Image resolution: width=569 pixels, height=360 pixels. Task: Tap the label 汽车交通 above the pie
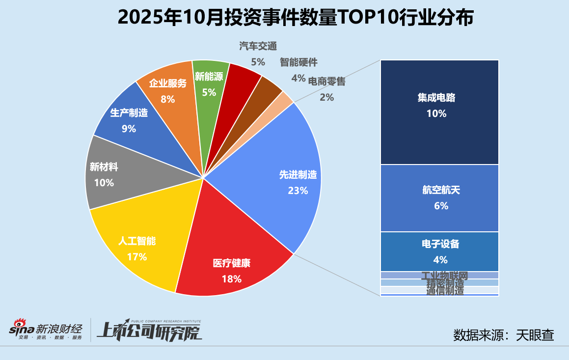[x=258, y=47]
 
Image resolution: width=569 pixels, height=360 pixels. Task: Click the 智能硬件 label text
[x=298, y=62]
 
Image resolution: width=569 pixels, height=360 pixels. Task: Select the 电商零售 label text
[x=326, y=81]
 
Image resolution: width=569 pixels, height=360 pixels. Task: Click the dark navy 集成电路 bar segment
[x=439, y=112]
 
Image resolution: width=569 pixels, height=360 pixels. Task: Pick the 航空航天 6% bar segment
[x=439, y=198]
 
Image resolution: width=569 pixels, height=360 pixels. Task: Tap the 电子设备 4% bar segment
[x=439, y=251]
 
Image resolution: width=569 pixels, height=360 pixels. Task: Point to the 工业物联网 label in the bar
[x=444, y=276]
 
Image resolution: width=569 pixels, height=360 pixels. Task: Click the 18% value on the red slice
[x=231, y=279]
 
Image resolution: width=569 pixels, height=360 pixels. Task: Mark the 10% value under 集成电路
[x=436, y=113]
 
